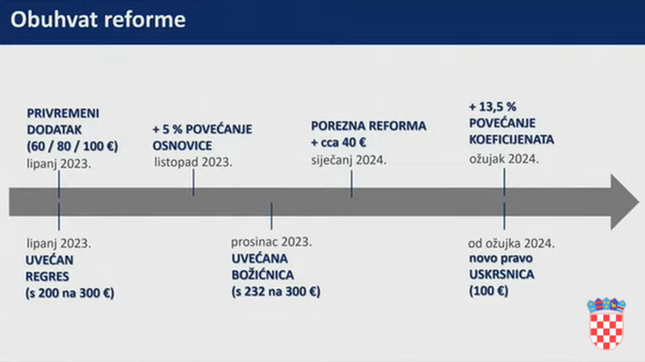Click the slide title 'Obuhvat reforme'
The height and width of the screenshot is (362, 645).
pos(98,20)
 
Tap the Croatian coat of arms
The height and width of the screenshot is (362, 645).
pos(607,324)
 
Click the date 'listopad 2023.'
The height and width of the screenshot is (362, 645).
pos(193,163)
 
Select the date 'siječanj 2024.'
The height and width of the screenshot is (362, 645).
pos(349,160)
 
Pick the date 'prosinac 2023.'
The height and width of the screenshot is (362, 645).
pos(272,242)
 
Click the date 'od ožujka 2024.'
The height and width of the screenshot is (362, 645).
pos(512,244)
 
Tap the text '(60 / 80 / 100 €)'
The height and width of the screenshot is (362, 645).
pos(72,147)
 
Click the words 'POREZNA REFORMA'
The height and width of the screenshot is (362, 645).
pos(369,126)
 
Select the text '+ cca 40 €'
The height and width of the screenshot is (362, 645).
pos(338,142)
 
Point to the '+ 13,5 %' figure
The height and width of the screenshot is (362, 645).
pos(493,107)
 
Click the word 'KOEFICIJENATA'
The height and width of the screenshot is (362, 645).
pos(512,139)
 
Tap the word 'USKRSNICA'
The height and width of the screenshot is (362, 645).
pos(502,274)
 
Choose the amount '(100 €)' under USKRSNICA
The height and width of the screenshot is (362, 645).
pos(488,291)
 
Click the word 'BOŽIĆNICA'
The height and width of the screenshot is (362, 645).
pos(263,275)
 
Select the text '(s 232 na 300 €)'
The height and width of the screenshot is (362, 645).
pos(276,292)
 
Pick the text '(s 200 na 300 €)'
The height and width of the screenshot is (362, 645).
pos(70,293)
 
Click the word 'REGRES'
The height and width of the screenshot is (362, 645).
pos(47,276)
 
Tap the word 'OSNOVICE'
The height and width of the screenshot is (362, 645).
pos(182,146)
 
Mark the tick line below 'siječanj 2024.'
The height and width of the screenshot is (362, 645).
pos(351,184)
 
